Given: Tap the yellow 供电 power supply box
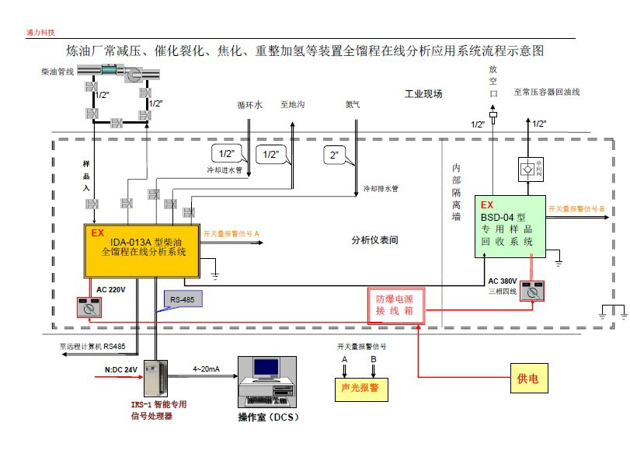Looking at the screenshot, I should pyautogui.click(x=528, y=379).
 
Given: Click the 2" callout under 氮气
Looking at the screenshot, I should pyautogui.click(x=335, y=155).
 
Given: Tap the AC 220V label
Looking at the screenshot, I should pyautogui.click(x=110, y=290).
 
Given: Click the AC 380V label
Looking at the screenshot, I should pyautogui.click(x=503, y=281).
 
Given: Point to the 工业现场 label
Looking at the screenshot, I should pyautogui.click(x=423, y=94).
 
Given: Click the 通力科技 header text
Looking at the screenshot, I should pyautogui.click(x=40, y=33).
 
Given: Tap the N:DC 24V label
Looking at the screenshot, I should pyautogui.click(x=120, y=369).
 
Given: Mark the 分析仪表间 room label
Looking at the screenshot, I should pyautogui.click(x=374, y=240).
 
